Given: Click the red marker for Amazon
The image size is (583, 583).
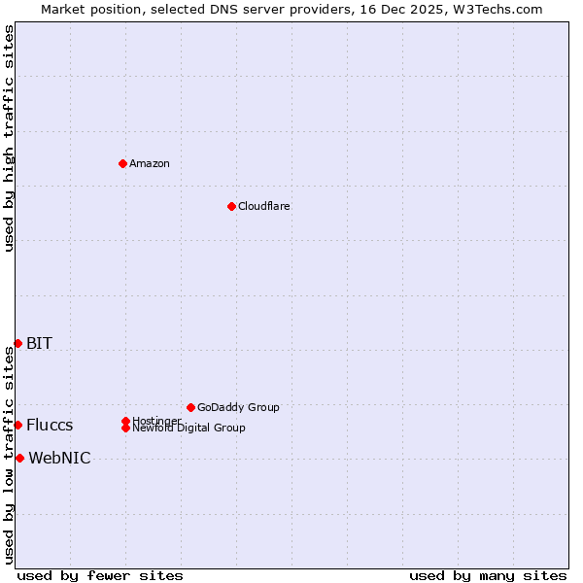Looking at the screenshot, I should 122,163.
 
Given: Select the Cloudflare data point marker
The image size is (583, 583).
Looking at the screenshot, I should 231,206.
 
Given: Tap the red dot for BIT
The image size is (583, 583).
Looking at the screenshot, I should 17,343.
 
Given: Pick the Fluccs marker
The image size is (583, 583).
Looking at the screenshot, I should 17,425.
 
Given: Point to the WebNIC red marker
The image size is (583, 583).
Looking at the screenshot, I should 19,458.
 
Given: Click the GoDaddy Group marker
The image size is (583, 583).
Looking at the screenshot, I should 190,407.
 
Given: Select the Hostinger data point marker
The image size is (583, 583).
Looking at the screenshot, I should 125,421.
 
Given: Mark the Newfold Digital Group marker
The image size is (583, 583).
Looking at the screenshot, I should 125,428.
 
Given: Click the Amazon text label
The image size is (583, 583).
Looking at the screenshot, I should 150,163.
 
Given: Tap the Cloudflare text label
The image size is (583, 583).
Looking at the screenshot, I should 264,206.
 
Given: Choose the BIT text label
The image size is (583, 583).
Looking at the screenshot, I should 39,343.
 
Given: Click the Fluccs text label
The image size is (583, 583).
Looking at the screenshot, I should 50,425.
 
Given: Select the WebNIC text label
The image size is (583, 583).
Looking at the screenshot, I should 59,458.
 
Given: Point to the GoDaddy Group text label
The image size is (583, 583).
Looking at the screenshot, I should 238,407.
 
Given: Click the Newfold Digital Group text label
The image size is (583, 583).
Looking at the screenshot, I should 189,429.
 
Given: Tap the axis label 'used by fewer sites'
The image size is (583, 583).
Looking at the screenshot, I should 100,575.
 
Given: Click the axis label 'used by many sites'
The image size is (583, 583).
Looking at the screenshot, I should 488,575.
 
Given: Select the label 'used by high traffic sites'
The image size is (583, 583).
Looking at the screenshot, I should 9,138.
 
